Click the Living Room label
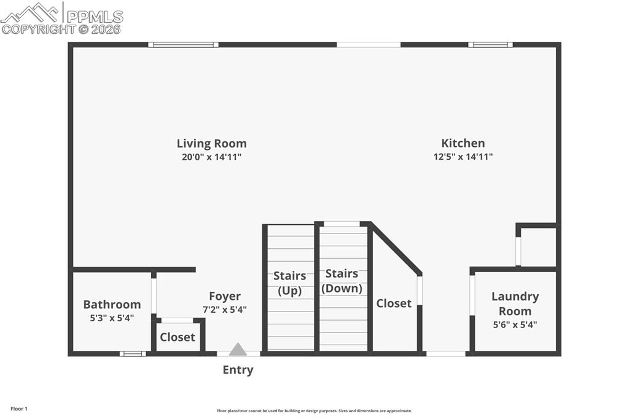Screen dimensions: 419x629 coord(211,144)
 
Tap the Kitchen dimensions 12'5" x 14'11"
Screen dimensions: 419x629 coord(463,157)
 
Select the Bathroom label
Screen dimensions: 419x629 coord(112,305)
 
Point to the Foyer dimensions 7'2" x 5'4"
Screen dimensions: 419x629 coord(224,310)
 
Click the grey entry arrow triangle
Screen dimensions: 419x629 coord(238,350)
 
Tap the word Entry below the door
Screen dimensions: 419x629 coord(238,370)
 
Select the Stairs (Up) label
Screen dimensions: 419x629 coord(289,283)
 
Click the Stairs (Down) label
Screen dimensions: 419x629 coord(342,281)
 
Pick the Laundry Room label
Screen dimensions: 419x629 coord(515,303)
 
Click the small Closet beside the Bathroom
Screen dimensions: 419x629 coord(178,337)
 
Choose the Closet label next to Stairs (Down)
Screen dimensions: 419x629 coord(394,303)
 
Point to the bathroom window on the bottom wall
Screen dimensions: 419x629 coord(133,353)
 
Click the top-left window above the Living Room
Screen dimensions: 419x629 coord(183,44)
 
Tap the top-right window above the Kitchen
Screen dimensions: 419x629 coord(490,44)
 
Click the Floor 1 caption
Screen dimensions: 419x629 coord(19,409)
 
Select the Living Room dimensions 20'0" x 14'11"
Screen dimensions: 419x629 coord(211,157)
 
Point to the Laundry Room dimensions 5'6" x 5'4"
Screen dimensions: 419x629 coord(515,325)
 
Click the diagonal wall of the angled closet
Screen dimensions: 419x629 coord(396,249)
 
